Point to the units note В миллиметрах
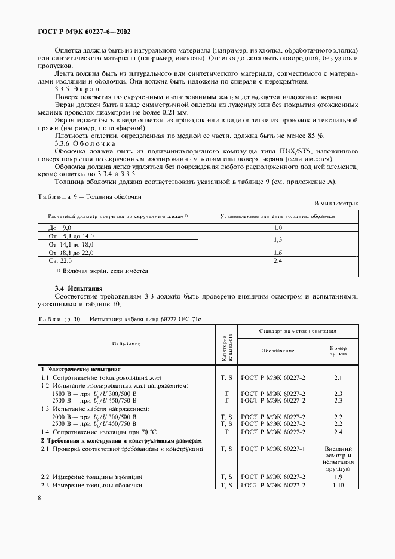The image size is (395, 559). click(x=336, y=204)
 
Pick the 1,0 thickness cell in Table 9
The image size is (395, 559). click(x=277, y=228)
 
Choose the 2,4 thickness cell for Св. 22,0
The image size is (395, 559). click(x=277, y=261)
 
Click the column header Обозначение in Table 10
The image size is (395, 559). click(x=278, y=351)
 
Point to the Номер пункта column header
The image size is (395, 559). click(x=338, y=351)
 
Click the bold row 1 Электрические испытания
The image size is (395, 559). click(x=80, y=370)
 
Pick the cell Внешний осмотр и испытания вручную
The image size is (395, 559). click(x=338, y=458)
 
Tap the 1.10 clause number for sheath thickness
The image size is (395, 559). click(x=338, y=486)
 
